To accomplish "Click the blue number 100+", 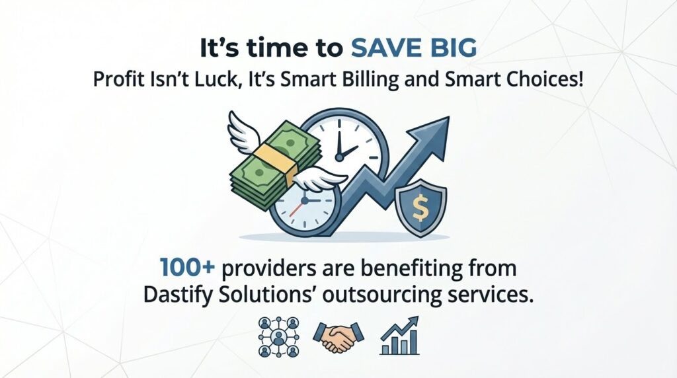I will (186, 269).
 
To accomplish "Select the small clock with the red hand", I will (301, 204).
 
